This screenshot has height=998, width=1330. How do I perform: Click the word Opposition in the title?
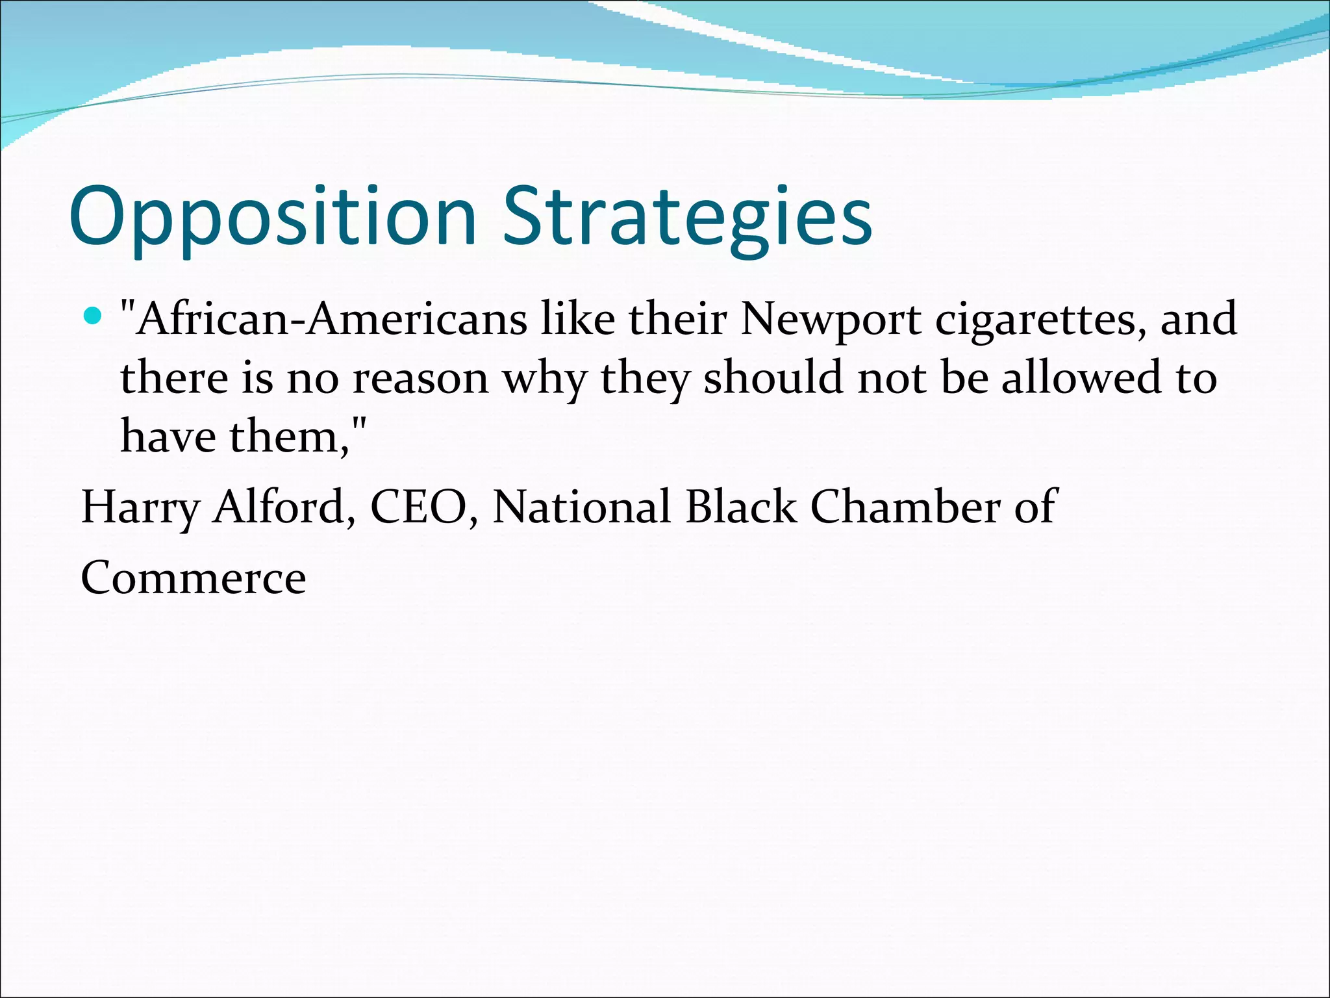click(273, 218)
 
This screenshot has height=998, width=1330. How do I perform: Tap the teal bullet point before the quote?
click(94, 316)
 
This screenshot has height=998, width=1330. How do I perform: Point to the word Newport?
click(831, 321)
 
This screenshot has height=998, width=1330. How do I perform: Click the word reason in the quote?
click(420, 378)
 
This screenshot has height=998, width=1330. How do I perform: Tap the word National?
click(581, 507)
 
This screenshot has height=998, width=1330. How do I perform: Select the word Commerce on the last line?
click(194, 578)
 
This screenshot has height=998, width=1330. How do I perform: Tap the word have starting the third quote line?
click(168, 436)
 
